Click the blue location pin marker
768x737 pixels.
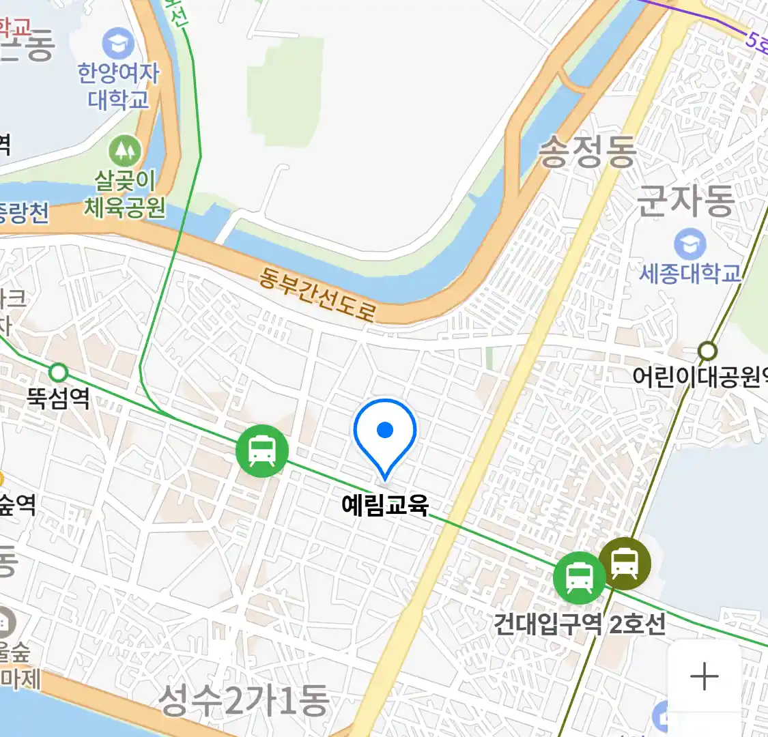point(385,434)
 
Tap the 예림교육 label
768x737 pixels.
point(385,505)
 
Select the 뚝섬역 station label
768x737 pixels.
point(59,398)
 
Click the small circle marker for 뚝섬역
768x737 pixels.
point(59,373)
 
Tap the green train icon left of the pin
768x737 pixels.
point(262,450)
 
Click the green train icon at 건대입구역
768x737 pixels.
point(579,577)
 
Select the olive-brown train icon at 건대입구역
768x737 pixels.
point(625,564)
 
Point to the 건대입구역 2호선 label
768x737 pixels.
point(579,624)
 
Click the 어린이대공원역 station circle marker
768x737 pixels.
point(708,351)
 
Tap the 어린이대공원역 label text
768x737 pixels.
point(700,376)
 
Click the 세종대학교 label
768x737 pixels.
point(689,274)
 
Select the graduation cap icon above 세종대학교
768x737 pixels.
point(689,244)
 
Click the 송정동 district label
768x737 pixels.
point(587,151)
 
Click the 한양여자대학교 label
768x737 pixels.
point(118,85)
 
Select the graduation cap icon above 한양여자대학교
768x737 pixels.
point(118,44)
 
